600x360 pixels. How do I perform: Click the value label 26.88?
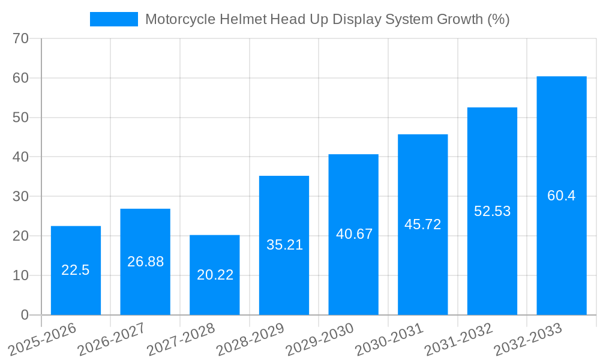click(x=145, y=262)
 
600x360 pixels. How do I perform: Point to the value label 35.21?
click(x=284, y=245)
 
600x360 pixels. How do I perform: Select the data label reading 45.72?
click(x=423, y=224)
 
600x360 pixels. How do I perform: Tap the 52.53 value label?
click(x=492, y=211)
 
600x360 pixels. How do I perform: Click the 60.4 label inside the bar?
click(x=561, y=196)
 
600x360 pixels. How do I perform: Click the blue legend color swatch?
click(x=113, y=19)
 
